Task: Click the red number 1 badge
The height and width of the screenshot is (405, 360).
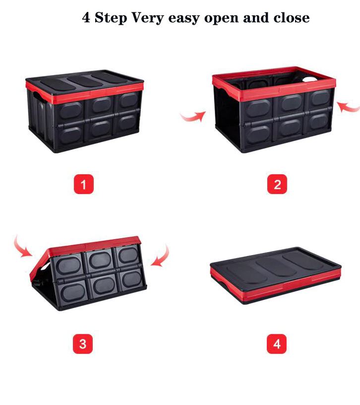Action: (x=84, y=184)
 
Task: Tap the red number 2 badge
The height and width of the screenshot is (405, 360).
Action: (x=277, y=184)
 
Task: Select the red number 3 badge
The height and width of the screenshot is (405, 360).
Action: (x=83, y=344)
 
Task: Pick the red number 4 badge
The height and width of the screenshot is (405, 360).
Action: (x=277, y=344)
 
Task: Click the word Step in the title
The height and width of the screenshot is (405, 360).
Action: (x=111, y=18)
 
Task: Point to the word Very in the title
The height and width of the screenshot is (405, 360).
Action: (x=148, y=18)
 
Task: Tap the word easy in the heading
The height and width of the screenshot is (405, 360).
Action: (x=184, y=18)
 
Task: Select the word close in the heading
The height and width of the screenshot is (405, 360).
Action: (x=292, y=18)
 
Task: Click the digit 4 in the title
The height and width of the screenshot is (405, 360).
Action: (x=86, y=18)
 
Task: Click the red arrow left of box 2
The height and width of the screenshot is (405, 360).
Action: (x=193, y=117)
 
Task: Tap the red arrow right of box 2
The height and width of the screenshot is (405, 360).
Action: (x=349, y=107)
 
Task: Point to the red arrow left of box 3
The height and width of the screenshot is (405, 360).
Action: (x=22, y=249)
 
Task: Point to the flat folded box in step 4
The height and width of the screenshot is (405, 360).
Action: (x=276, y=275)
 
